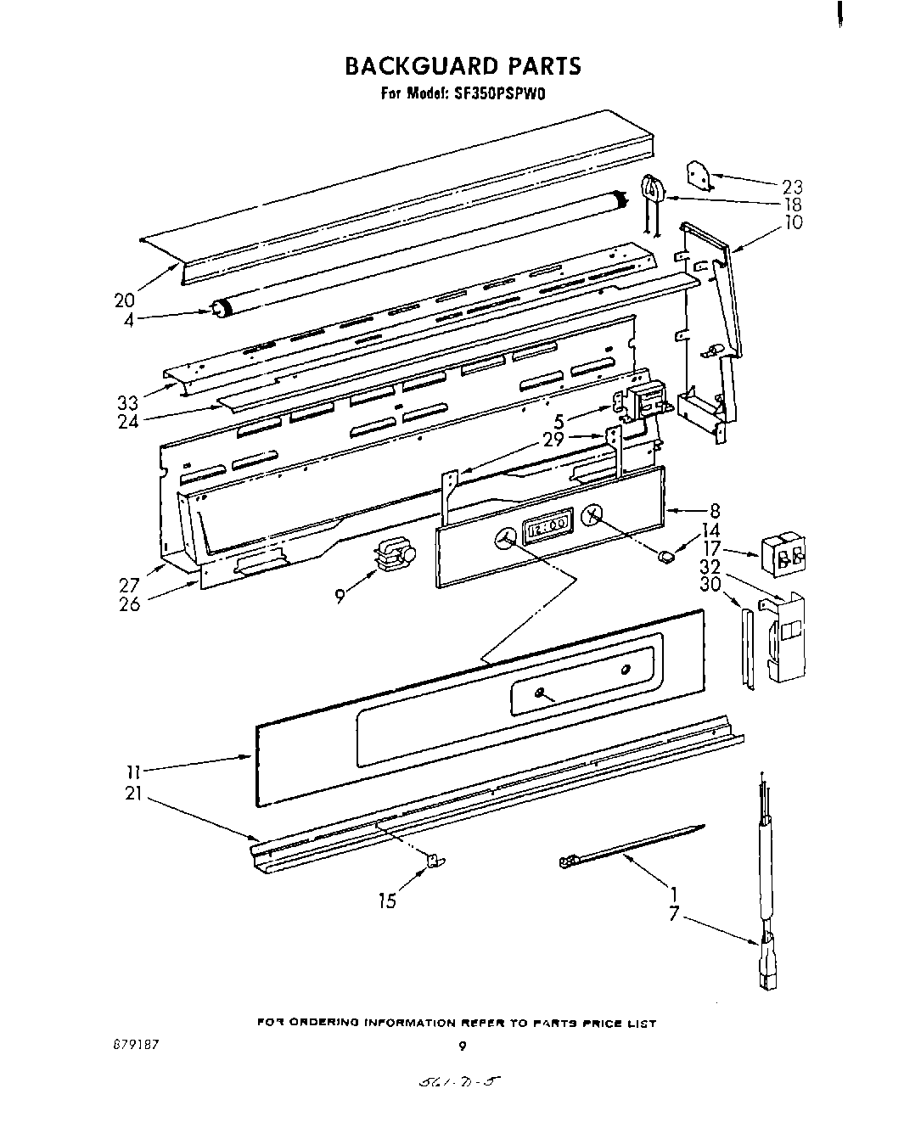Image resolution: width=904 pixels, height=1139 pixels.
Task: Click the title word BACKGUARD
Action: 407,65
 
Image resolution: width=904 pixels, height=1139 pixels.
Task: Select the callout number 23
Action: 791,187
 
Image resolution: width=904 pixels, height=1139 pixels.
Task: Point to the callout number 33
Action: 127,402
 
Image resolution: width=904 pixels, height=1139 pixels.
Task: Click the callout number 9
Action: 340,597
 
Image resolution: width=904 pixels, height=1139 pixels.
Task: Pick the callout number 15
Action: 387,901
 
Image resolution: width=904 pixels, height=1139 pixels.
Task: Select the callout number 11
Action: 133,772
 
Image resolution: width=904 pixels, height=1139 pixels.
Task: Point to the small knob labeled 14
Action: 666,556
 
